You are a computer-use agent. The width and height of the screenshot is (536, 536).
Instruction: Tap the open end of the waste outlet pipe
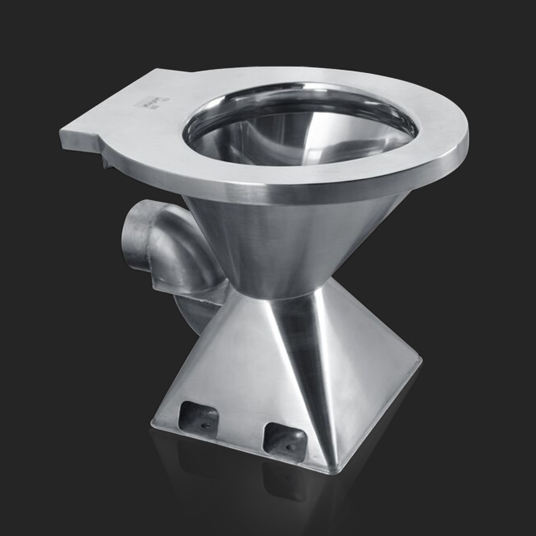[x=139, y=238]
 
